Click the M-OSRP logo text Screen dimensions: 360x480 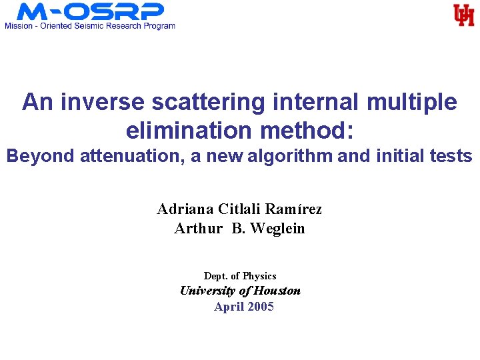pyautogui.click(x=90, y=11)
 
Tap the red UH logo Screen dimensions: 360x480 pyautogui.click(x=463, y=15)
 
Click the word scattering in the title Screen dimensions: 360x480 pyautogui.click(x=214, y=103)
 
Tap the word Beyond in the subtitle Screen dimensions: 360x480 pyautogui.click(x=41, y=157)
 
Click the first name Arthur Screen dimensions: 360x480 pyautogui.click(x=198, y=229)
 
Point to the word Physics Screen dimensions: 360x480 pyautogui.click(x=259, y=276)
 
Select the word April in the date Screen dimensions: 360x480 pyautogui.click(x=227, y=307)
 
